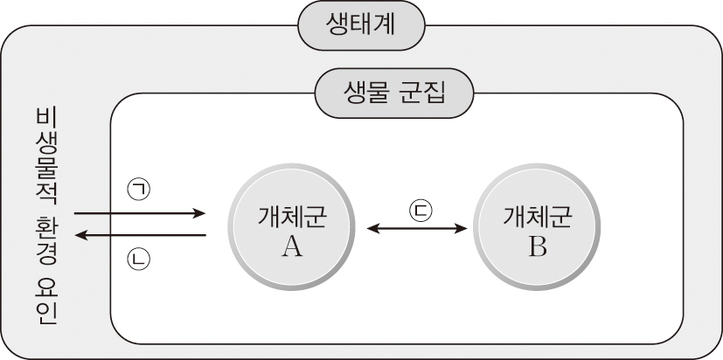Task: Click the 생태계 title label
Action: click(x=361, y=24)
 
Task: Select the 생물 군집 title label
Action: click(x=394, y=91)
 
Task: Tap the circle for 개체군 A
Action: click(x=292, y=229)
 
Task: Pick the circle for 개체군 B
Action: click(x=537, y=229)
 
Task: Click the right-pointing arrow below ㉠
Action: click(x=140, y=212)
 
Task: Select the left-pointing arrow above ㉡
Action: click(x=140, y=235)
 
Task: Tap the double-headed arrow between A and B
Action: click(x=418, y=229)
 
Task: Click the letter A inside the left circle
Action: click(x=292, y=247)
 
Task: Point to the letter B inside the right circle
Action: click(x=537, y=247)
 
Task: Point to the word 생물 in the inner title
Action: click(x=361, y=91)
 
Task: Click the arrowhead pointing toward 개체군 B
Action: click(x=463, y=229)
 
